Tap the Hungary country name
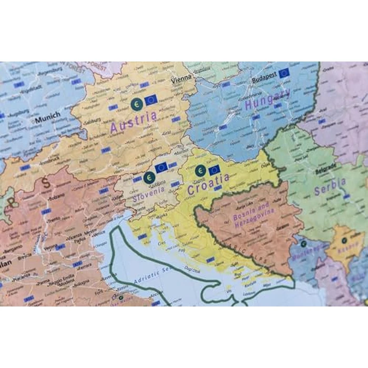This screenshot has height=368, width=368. click(x=268, y=99)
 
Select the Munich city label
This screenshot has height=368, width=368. click(x=48, y=115)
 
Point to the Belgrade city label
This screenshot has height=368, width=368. click(x=325, y=171)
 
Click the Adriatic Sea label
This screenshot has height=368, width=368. click(x=152, y=274)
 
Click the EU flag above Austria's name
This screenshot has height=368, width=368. click(x=151, y=100)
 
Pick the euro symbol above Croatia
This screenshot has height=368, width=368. click(x=200, y=170)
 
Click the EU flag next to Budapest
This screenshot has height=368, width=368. click(x=284, y=73)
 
